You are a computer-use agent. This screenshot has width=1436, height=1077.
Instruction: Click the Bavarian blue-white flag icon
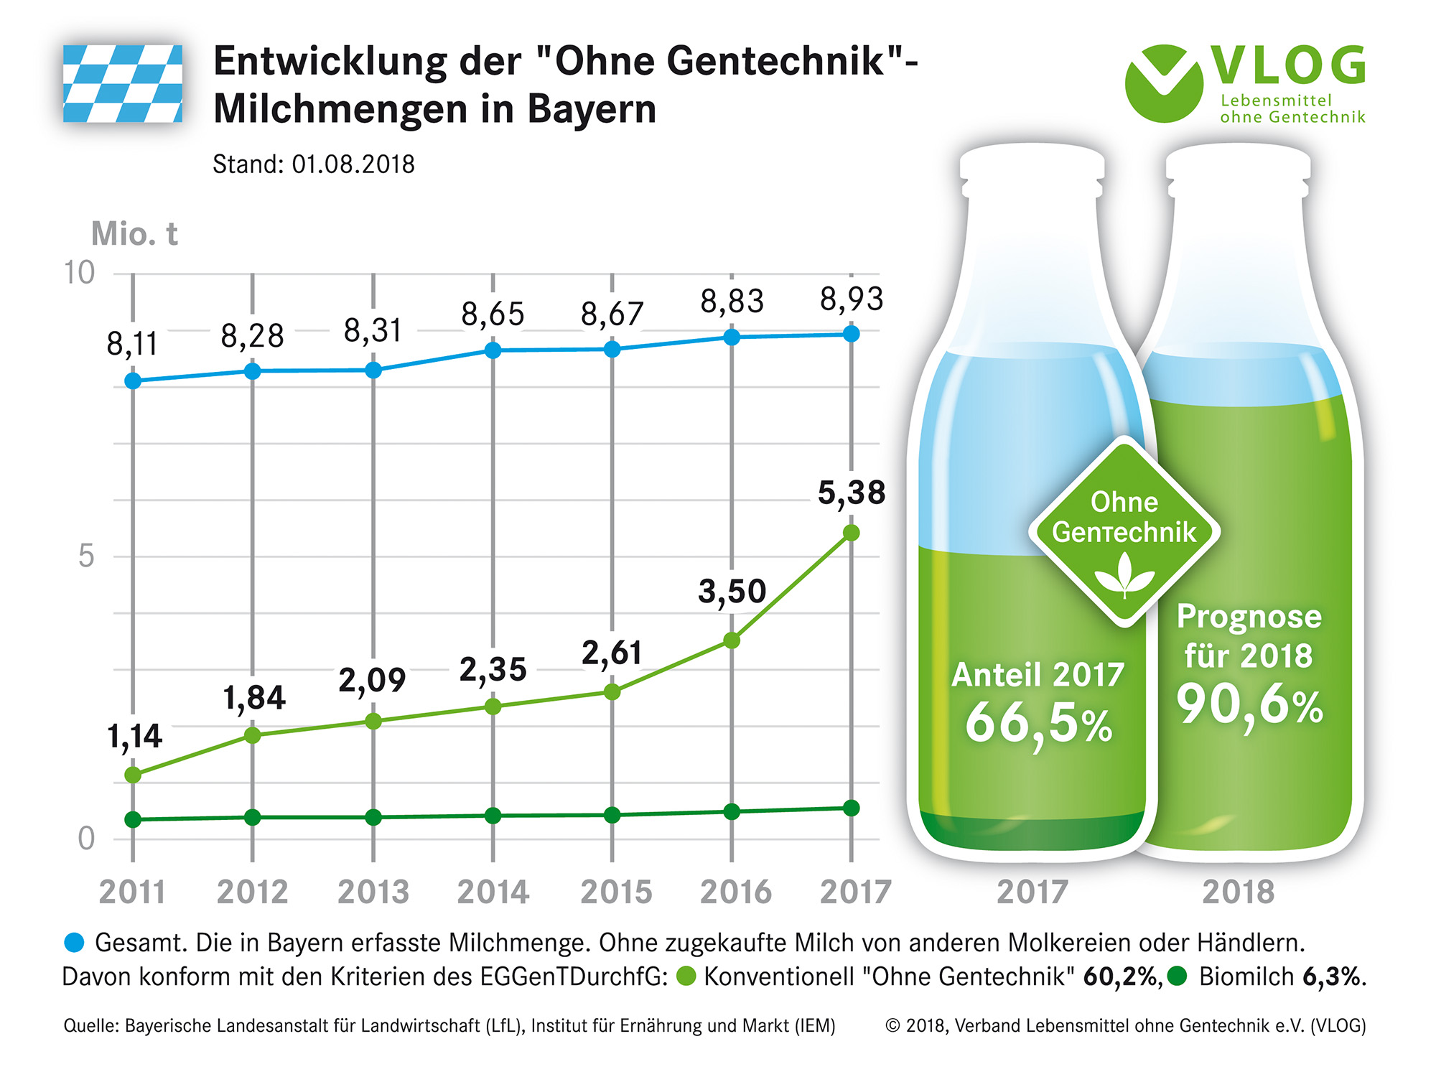(x=123, y=84)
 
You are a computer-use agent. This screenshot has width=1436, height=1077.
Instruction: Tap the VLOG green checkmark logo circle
(x=1163, y=83)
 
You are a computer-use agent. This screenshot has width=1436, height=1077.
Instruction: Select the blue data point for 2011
(x=133, y=381)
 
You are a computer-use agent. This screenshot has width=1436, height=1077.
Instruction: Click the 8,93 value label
(x=852, y=299)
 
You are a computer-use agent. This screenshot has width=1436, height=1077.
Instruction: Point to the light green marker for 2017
(x=852, y=533)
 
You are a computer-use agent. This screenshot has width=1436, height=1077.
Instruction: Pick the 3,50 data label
(x=732, y=592)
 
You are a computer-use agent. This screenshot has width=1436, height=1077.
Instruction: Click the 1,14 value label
(x=134, y=737)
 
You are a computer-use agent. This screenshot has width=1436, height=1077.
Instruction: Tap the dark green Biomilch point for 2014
(x=493, y=816)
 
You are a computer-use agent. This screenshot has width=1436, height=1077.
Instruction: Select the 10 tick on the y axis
(x=80, y=274)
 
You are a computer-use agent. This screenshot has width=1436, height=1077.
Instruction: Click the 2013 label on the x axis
(x=373, y=892)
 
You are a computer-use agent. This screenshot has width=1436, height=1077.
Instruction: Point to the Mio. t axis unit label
(x=134, y=234)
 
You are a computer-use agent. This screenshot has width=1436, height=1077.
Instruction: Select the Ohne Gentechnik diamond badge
(x=1124, y=532)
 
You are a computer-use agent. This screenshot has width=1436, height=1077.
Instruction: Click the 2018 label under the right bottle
(x=1239, y=892)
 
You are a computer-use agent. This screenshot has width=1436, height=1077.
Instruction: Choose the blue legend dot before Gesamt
(x=75, y=943)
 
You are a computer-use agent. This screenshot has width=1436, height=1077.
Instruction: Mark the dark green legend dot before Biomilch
(x=1177, y=976)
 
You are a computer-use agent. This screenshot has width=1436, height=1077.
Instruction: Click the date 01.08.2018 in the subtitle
(x=353, y=164)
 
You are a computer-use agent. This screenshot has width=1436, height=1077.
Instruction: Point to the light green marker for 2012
(x=253, y=735)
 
